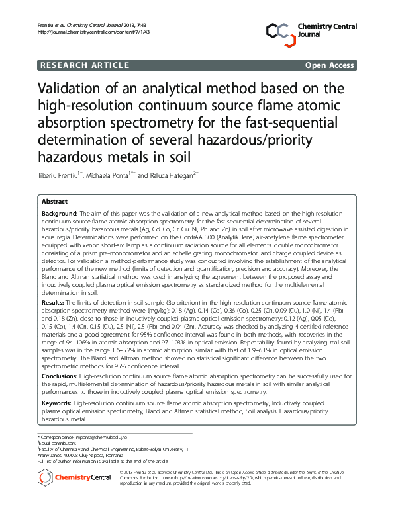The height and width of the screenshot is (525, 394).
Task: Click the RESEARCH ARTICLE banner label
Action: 85,65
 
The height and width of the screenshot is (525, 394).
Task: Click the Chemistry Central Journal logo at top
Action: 311,30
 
